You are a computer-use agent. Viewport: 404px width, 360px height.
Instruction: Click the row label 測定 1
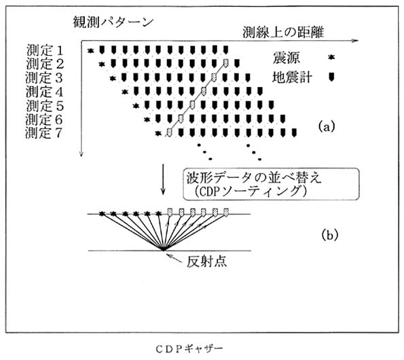45,50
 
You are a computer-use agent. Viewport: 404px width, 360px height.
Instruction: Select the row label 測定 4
45,92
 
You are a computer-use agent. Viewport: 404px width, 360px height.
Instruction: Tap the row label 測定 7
44,133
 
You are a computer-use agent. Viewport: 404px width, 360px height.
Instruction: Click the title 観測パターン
113,22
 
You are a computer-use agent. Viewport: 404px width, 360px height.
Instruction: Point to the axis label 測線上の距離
283,33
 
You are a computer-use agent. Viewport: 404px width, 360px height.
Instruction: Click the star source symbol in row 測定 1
90,50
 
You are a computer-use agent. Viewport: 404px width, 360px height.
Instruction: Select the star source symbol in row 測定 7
158,133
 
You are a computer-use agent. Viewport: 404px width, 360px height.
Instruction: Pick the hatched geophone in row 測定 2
225,63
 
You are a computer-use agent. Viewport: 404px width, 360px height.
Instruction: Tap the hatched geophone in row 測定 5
192,105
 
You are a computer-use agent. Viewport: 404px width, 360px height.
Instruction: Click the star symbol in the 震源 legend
331,57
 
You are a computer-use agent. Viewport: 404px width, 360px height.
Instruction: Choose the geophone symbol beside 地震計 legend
331,77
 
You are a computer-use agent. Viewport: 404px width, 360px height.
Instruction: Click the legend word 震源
287,57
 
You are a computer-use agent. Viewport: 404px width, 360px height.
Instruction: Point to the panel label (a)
327,126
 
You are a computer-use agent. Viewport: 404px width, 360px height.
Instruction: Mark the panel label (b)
330,235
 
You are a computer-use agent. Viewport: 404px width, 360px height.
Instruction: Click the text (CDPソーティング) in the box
251,192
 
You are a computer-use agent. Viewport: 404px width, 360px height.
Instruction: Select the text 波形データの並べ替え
254,178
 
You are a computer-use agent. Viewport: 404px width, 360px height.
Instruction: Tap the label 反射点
206,262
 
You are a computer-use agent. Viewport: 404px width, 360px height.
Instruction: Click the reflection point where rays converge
163,250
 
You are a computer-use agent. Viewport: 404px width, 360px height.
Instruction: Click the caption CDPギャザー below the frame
189,349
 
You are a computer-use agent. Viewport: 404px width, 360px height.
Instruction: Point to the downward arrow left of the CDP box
162,179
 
